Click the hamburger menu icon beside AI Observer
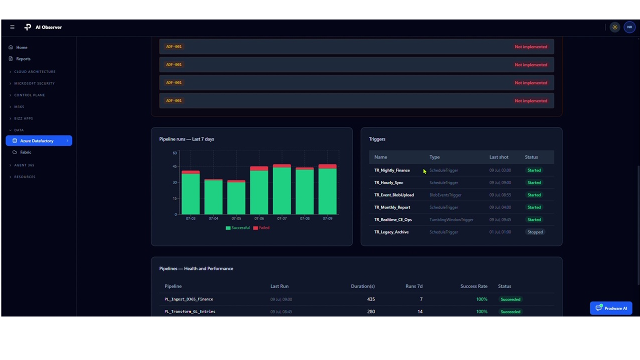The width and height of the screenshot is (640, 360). coord(12,27)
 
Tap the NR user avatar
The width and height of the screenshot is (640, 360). coord(629,27)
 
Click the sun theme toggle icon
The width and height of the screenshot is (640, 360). coord(615,27)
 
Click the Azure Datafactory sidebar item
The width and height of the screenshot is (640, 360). coord(39,140)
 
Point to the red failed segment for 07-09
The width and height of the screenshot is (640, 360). coord(327,166)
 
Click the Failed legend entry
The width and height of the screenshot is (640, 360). coord(261,227)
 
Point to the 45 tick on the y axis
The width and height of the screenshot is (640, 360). coord(174,166)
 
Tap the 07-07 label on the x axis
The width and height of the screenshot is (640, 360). coord(281,218)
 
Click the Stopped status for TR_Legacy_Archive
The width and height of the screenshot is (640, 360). coord(535,232)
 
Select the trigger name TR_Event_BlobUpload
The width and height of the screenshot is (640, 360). coord(394,195)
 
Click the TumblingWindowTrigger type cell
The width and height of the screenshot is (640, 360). coord(451,219)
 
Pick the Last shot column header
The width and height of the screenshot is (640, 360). coord(499,157)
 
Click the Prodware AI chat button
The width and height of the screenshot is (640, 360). coord(611,308)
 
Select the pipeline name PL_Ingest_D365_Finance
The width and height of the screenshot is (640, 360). coord(189,299)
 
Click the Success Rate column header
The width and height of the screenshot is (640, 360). coord(473,286)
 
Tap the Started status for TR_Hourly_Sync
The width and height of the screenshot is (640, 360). coord(534,182)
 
